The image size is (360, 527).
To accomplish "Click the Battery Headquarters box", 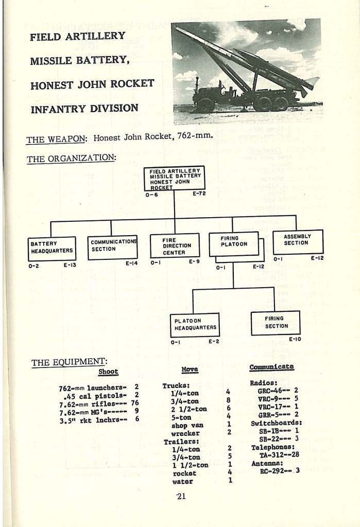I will [52, 248].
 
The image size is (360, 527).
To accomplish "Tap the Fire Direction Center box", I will [174, 246].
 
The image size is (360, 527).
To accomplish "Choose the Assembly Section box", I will [298, 241].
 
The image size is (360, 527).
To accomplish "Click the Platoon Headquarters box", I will [195, 325].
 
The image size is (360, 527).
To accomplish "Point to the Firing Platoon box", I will [233, 243].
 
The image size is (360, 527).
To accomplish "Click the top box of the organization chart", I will [174, 178].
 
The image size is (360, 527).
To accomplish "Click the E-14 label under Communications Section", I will [132, 263].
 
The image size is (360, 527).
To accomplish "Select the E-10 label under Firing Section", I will [295, 339].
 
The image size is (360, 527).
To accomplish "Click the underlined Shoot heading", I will [108, 372].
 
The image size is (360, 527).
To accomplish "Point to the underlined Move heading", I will [190, 370].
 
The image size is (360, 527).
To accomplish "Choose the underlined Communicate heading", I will [271, 367].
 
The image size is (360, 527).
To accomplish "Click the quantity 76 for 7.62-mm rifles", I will [135, 402].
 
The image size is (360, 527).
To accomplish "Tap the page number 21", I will [180, 496].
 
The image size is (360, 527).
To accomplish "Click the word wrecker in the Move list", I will [185, 433].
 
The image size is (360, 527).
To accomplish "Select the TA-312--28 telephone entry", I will [277, 455].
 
